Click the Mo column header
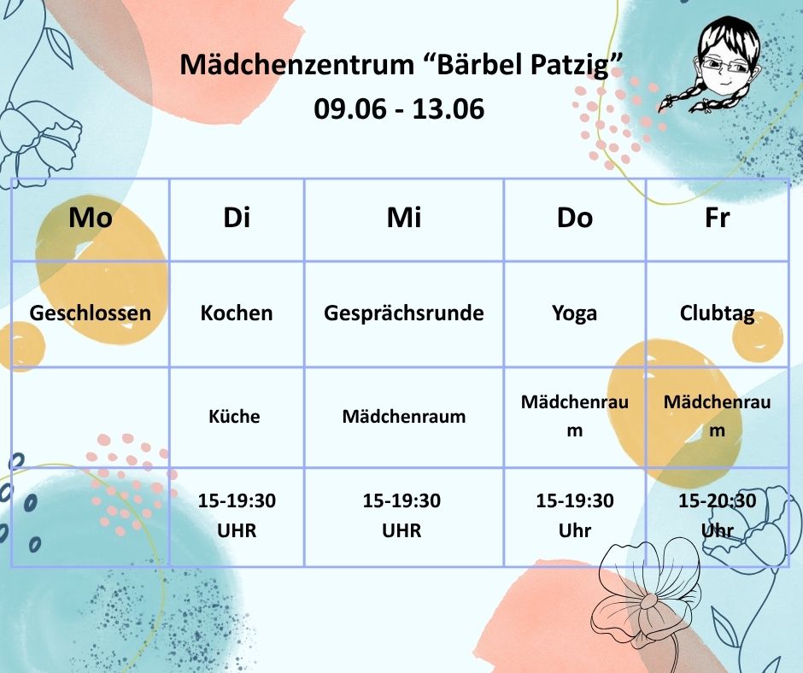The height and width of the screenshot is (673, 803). click(x=91, y=217)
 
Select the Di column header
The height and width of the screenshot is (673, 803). click(x=237, y=217)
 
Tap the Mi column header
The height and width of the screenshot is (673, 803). click(x=403, y=217)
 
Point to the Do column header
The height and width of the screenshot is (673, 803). click(x=575, y=217)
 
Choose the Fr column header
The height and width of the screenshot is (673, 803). click(x=717, y=217)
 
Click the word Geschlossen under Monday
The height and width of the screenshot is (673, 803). click(x=91, y=313)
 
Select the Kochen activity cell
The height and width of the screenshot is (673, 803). click(x=237, y=313)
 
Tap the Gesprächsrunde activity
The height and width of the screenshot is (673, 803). click(x=403, y=313)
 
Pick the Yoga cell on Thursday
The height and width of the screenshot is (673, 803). click(x=575, y=313)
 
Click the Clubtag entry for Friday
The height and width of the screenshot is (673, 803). click(x=717, y=313)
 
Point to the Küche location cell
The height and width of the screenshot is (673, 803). click(x=234, y=416)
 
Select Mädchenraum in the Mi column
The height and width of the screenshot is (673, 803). click(x=403, y=417)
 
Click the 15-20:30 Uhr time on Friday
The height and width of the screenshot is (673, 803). click(x=717, y=515)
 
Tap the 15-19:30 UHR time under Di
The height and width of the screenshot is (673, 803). click(x=237, y=515)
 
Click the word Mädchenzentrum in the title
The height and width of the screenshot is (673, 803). click(x=297, y=64)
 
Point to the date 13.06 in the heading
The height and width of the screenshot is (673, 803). click(x=448, y=108)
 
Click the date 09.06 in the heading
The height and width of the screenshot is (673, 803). click(x=349, y=108)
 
